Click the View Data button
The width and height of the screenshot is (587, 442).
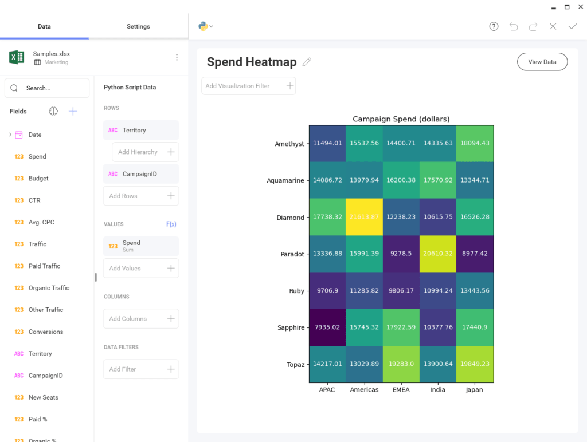tap(542, 62)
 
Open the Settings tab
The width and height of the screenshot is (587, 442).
tap(138, 26)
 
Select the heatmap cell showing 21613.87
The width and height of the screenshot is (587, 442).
tap(364, 217)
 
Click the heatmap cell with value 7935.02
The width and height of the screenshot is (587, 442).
tap(327, 327)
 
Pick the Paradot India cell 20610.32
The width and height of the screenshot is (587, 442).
tap(437, 254)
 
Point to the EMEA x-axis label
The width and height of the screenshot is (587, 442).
tap(401, 390)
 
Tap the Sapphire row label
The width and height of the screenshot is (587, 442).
tap(291, 327)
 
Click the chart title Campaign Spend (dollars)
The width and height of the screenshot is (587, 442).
tap(401, 119)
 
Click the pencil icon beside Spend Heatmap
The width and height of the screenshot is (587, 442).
tap(307, 62)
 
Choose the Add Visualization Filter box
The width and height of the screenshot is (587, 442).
tap(248, 86)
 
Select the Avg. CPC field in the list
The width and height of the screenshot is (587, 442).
tap(41, 222)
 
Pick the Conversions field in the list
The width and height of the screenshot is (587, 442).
tap(45, 331)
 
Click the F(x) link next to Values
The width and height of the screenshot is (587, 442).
tap(171, 224)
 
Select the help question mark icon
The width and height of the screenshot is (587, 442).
tap(494, 26)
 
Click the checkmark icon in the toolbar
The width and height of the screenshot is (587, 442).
tap(572, 26)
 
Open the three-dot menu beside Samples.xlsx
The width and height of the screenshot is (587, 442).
tap(177, 57)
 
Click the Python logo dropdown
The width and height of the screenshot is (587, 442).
tap(205, 26)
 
